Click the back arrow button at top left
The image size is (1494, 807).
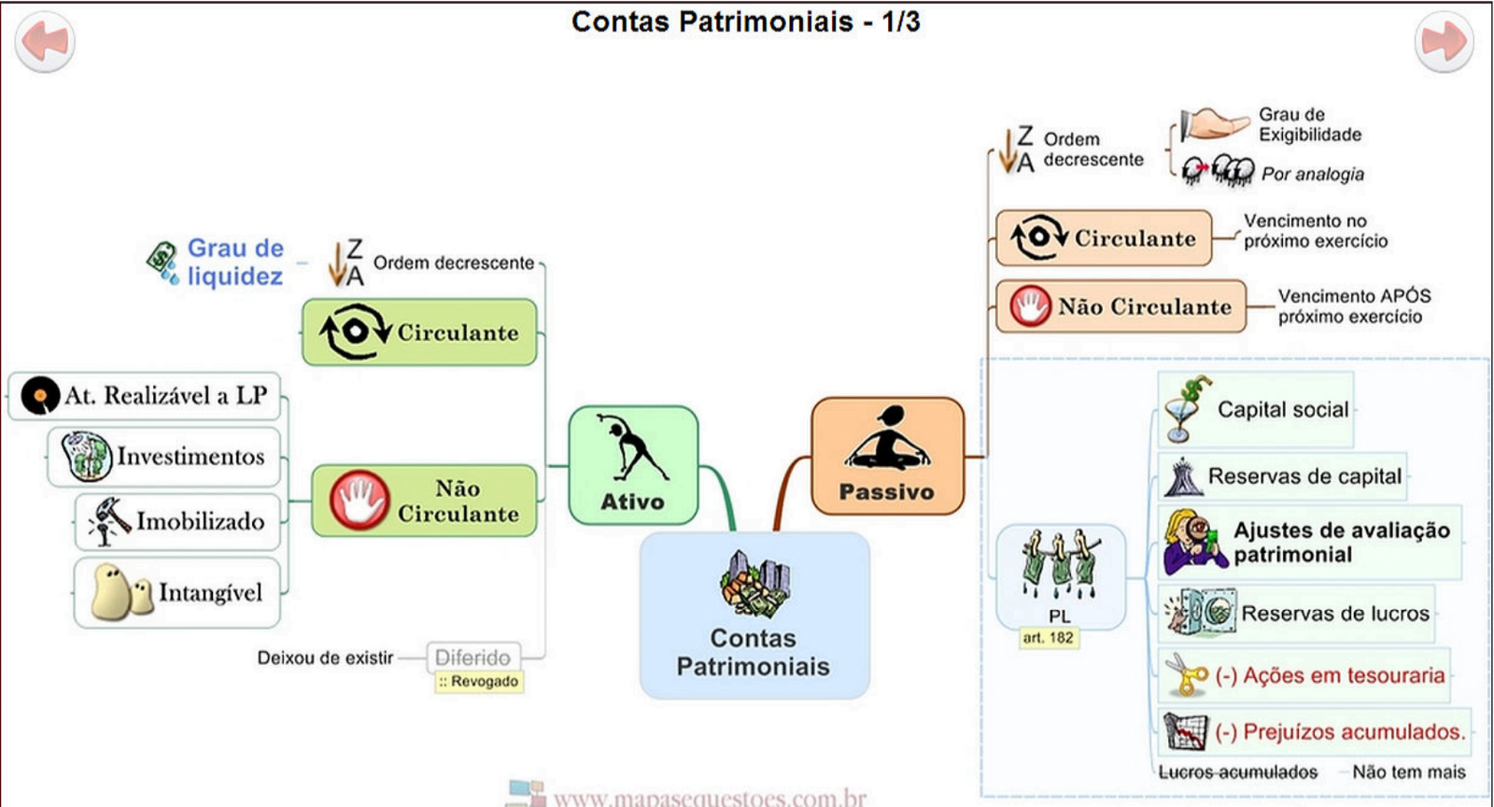(x=44, y=42)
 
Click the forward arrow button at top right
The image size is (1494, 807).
(x=1444, y=42)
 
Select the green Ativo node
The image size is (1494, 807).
(x=633, y=464)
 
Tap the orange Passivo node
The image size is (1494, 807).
(x=887, y=456)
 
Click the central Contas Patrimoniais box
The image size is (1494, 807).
(x=754, y=616)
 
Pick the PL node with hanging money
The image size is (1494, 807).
(x=1060, y=575)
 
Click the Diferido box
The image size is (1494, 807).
(x=473, y=657)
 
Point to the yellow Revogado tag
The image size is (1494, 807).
(x=479, y=682)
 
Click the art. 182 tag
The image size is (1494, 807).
(x=1049, y=638)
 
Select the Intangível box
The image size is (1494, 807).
(x=177, y=592)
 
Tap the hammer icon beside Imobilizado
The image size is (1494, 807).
(x=109, y=520)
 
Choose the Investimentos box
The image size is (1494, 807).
(x=164, y=457)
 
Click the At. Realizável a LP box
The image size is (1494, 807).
(x=145, y=396)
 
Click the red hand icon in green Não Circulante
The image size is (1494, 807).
(x=359, y=501)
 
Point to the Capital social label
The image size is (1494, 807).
(x=1282, y=409)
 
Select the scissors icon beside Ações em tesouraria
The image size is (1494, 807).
(x=1185, y=674)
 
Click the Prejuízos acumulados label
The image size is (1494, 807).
(x=1340, y=731)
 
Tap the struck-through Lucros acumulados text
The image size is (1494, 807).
(x=1238, y=772)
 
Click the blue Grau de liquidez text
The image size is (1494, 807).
(x=234, y=262)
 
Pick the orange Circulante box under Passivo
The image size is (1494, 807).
(x=1104, y=238)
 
